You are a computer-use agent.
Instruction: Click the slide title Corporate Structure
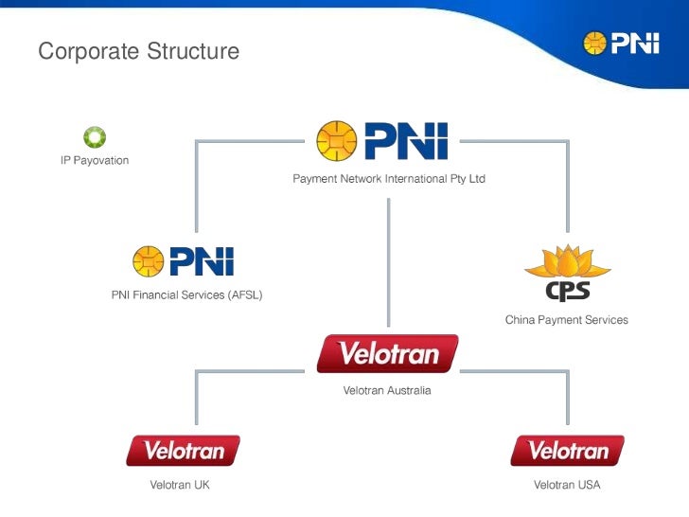coord(138,51)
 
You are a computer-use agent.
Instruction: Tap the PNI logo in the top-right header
coord(620,43)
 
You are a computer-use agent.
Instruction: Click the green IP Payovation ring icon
coord(95,138)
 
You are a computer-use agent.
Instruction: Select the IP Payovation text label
coord(95,160)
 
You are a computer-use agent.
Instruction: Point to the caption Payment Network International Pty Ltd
coord(388,178)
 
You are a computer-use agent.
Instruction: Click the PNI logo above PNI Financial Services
coord(183,260)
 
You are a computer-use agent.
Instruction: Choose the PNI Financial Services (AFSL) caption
coord(187,294)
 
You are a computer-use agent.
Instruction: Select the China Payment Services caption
coord(566,320)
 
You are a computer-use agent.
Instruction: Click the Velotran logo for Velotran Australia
coord(387,354)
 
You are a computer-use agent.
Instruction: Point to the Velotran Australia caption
coord(387,390)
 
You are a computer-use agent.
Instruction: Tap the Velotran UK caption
coord(180,485)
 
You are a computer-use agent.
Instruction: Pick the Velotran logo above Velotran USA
coord(567,451)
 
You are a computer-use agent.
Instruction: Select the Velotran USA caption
coord(567,485)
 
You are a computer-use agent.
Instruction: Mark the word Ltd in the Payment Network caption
coord(475,178)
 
